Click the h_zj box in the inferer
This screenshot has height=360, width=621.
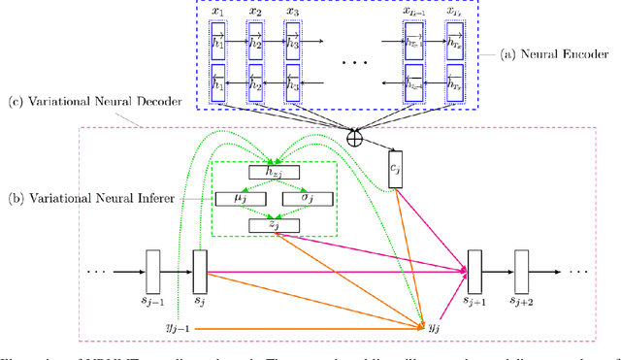[x=275, y=173]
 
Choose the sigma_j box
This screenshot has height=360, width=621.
[x=309, y=199]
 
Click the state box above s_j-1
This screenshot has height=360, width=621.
[x=151, y=264]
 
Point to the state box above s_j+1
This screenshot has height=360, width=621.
[x=474, y=264]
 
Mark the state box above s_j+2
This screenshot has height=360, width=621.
[x=522, y=264]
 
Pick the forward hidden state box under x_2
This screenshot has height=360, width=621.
[x=256, y=42]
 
